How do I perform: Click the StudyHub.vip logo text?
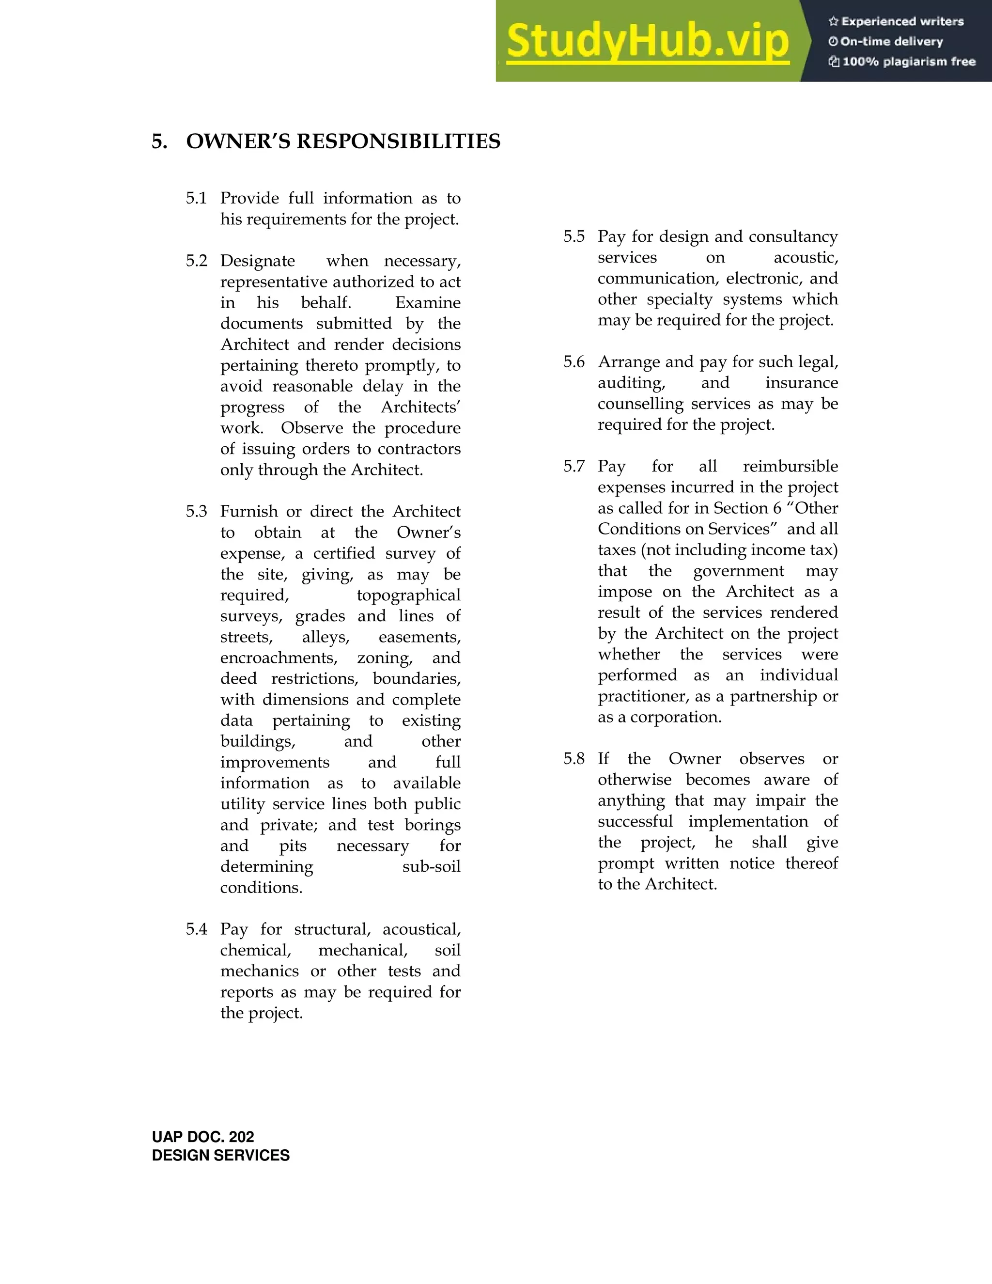point(647,41)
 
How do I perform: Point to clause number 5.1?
point(196,198)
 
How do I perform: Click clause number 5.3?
point(196,512)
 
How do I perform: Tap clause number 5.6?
point(573,361)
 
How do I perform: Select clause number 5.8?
point(573,758)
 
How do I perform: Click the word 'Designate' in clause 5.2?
point(257,261)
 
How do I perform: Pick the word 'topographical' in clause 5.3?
point(408,595)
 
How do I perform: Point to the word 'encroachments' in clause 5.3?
point(279,658)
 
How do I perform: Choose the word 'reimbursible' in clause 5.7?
point(790,466)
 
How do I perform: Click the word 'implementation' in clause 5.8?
point(748,821)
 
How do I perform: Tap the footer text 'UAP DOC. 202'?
point(203,1137)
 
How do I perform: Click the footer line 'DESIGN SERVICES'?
point(220,1156)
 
